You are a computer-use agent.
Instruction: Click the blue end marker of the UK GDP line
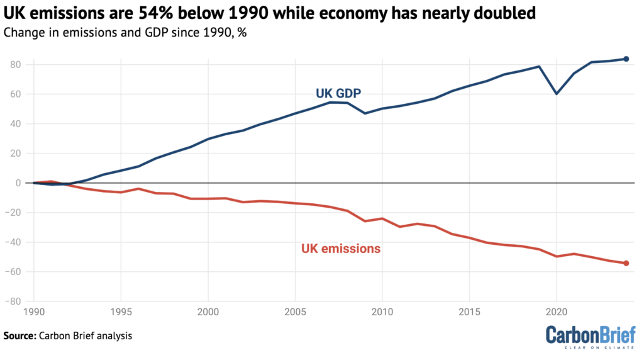(626, 59)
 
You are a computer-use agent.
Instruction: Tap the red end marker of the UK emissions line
(626, 263)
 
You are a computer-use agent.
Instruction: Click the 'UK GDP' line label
(338, 94)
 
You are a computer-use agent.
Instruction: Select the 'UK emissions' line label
(341, 249)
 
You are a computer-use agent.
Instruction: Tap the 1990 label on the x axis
(34, 312)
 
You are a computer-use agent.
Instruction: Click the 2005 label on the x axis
(295, 312)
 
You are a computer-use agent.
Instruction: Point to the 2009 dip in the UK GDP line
(365, 113)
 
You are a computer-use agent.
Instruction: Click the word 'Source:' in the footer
(19, 335)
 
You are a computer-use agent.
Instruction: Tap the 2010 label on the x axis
(382, 312)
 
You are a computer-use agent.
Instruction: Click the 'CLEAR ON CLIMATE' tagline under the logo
(600, 347)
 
